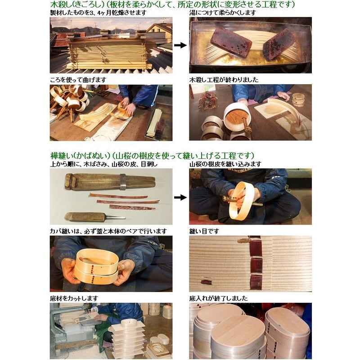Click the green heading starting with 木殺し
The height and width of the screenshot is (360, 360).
click(172, 4)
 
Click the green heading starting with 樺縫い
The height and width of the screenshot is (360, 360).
click(152, 155)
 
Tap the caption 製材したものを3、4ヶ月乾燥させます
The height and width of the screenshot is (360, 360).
click(98, 13)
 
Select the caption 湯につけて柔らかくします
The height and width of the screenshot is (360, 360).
click(222, 13)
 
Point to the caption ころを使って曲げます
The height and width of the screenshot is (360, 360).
click(78, 80)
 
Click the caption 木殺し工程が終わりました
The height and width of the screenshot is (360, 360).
click(224, 80)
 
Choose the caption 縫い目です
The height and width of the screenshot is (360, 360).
click(204, 231)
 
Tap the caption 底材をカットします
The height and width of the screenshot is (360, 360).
click(74, 298)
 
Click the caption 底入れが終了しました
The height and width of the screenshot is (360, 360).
click(219, 298)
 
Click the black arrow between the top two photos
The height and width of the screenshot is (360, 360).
click(180, 45)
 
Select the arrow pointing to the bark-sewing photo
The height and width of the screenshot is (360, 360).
click(180, 197)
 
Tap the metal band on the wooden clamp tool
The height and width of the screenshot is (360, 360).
click(123, 182)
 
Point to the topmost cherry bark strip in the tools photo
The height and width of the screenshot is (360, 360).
click(118, 196)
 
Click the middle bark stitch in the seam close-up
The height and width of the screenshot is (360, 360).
click(256, 265)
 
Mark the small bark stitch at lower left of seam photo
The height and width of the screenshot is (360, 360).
click(206, 282)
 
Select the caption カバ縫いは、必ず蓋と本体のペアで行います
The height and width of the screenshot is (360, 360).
click(108, 231)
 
